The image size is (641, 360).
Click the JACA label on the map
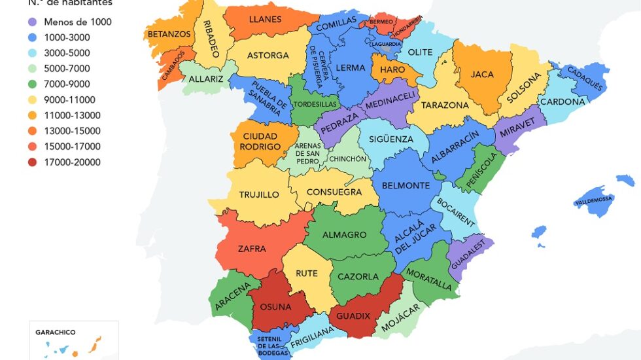[482, 75]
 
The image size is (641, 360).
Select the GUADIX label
[353, 316]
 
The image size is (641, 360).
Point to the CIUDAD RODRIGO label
[260, 141]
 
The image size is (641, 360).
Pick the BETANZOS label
[169, 33]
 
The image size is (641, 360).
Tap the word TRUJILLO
[259, 194]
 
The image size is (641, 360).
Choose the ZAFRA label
[252, 248]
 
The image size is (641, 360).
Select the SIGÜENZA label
[390, 139]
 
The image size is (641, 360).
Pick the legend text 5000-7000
[67, 69]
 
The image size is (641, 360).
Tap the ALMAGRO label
[344, 234]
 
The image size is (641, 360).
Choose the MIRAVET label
[517, 131]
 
